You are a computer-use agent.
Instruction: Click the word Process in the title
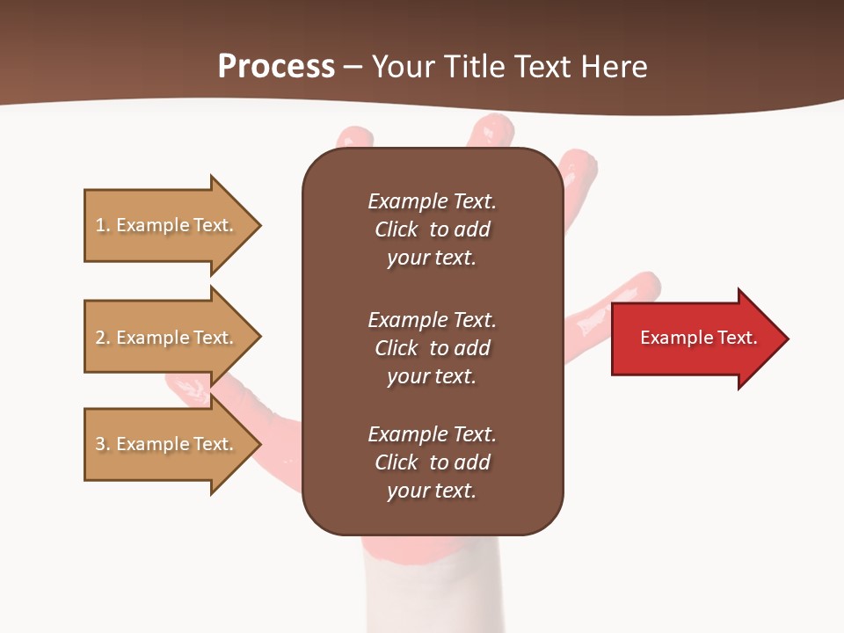(276, 67)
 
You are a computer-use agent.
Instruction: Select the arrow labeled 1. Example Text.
(167, 225)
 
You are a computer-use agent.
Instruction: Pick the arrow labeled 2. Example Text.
(167, 338)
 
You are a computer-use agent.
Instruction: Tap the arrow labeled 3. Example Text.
(167, 444)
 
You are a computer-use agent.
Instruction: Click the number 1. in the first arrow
(103, 226)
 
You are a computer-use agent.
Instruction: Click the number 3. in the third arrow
(103, 445)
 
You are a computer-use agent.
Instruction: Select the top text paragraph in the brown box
(432, 229)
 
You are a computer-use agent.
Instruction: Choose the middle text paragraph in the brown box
(432, 348)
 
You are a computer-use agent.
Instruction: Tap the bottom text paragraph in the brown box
(432, 462)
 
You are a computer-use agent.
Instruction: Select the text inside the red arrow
(698, 338)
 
